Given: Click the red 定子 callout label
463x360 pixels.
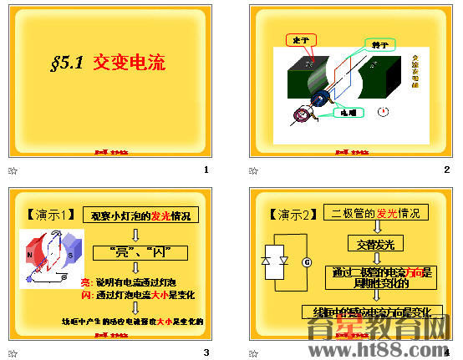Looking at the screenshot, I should click(298, 40).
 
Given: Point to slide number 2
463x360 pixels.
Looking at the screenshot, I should click(447, 170).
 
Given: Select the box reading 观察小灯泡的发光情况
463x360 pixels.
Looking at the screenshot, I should click(140, 215).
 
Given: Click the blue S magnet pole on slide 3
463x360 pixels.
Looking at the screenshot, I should click(70, 254).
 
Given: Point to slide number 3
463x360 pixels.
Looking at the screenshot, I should click(206, 352).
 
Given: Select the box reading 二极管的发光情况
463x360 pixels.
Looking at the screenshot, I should click(375, 212).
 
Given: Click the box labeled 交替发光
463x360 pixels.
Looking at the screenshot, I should click(376, 244).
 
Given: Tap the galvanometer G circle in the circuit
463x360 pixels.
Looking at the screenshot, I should click(306, 262).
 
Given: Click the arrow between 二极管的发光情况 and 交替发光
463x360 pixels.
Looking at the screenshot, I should click(376, 227).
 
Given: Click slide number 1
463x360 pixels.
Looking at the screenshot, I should click(206, 170).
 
